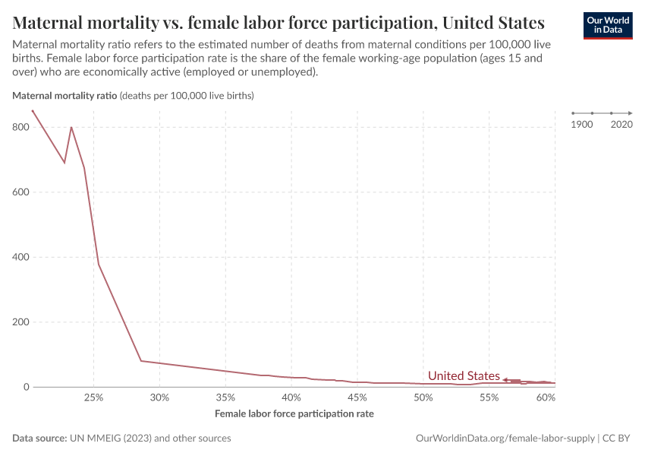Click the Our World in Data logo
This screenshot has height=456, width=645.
(x=607, y=25)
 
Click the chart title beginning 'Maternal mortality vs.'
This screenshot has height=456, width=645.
(x=278, y=22)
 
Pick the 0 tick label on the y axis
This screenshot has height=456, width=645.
(x=25, y=388)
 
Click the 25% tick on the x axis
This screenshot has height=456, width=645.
(x=93, y=397)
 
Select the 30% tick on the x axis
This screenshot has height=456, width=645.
(x=159, y=397)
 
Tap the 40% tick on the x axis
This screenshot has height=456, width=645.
(x=291, y=397)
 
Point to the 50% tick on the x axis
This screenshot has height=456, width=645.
(x=423, y=397)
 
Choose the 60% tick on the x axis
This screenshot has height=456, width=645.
(x=546, y=397)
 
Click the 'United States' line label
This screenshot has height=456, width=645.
(x=464, y=376)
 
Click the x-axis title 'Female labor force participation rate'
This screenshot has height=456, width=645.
(x=294, y=414)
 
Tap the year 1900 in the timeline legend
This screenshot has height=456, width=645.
(x=582, y=124)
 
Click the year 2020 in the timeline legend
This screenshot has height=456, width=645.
(x=621, y=124)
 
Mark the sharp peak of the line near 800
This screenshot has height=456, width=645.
(x=71, y=127)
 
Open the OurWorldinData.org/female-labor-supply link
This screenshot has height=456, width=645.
(x=505, y=439)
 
